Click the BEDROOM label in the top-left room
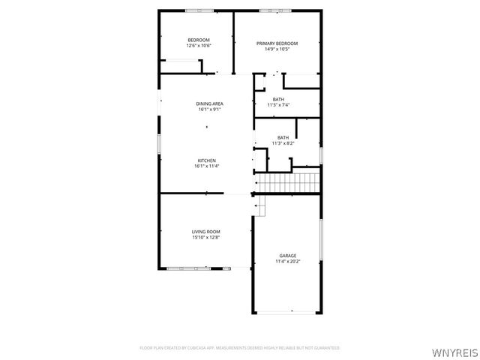tap(199, 40)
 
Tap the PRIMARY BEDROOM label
tap(277, 43)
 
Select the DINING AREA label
tap(210, 103)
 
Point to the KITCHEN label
tap(207, 160)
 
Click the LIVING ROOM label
tap(205, 232)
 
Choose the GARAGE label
tap(287, 256)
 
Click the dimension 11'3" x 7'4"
tap(278, 105)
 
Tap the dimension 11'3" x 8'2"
tap(283, 142)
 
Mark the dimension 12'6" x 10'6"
tap(199, 46)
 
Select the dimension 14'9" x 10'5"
tap(277, 49)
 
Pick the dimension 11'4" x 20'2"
tap(287, 262)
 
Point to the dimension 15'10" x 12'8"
tap(205, 238)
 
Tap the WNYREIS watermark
tap(455, 351)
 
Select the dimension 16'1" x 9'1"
tap(210, 109)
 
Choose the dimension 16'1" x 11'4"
tap(207, 166)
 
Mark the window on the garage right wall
tap(321, 240)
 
